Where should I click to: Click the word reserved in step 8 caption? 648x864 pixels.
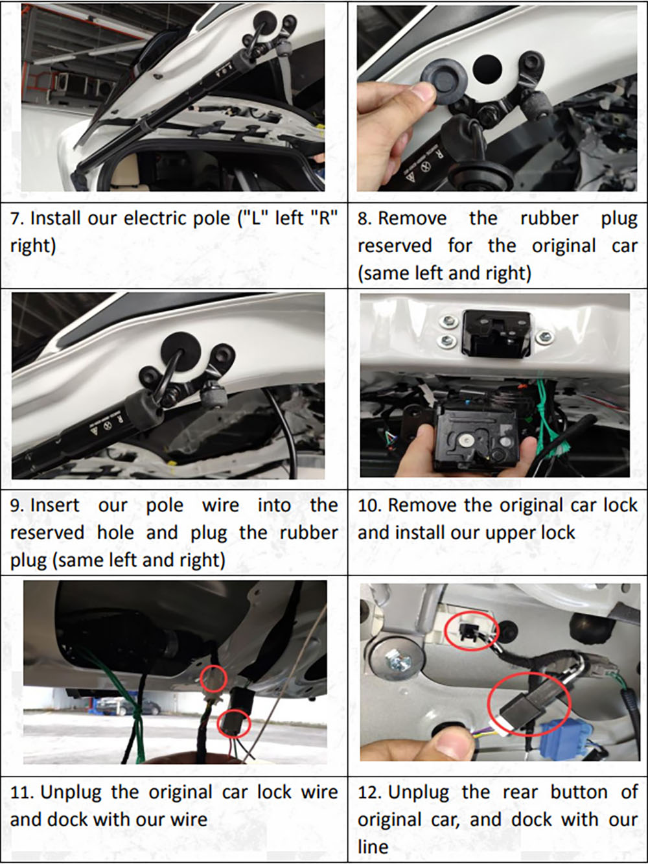tap(395, 246)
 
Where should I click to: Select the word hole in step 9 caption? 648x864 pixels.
tap(116, 533)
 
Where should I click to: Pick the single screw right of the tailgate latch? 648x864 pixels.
tap(544, 336)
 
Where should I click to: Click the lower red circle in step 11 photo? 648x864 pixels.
tap(235, 723)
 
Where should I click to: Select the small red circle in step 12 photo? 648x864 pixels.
tap(472, 631)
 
